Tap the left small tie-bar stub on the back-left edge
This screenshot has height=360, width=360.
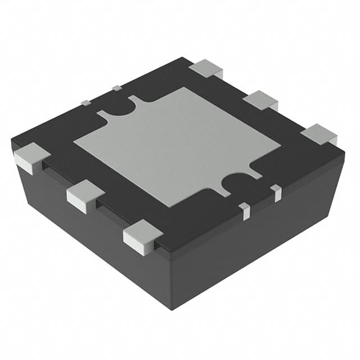85,102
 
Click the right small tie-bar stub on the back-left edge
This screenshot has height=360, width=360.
116,88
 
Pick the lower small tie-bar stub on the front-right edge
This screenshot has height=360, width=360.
244,210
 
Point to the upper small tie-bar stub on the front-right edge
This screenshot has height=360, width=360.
276,192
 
